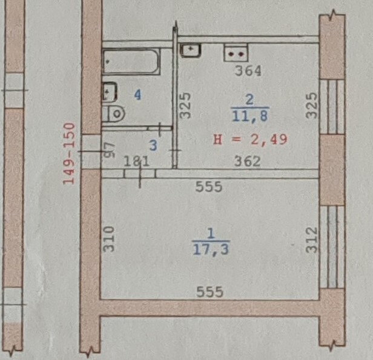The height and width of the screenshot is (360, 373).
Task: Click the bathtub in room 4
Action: [x=131, y=61]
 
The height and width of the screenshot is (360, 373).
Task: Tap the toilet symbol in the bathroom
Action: [x=114, y=113]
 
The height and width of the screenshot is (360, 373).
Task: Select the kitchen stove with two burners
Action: [x=236, y=53]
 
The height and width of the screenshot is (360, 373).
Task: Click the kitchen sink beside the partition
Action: [x=191, y=50]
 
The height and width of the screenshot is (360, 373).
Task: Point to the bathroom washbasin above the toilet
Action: [x=110, y=92]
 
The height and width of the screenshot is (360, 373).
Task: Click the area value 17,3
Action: [x=211, y=250]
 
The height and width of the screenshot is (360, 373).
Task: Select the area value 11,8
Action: [x=249, y=116]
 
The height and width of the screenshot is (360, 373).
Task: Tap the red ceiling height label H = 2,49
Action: [x=251, y=139]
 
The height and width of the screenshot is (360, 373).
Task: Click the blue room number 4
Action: [x=137, y=95]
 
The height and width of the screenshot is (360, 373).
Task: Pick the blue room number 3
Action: [x=153, y=145]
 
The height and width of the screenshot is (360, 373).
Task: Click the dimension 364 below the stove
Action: [x=248, y=71]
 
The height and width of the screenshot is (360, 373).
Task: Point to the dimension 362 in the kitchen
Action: [x=248, y=161]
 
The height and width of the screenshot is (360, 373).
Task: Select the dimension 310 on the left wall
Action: [x=109, y=239]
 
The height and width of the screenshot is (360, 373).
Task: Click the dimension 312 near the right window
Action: [x=312, y=240]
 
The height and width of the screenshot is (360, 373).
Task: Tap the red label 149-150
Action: [x=69, y=154]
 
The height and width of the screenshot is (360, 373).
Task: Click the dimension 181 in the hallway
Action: [x=137, y=161]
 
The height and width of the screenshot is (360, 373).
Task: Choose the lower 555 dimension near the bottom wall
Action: [x=210, y=292]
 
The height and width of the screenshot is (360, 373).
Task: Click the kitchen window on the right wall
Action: [x=332, y=107]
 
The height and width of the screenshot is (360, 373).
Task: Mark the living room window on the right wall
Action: [x=332, y=247]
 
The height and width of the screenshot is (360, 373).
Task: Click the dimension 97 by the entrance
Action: [x=110, y=150]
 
